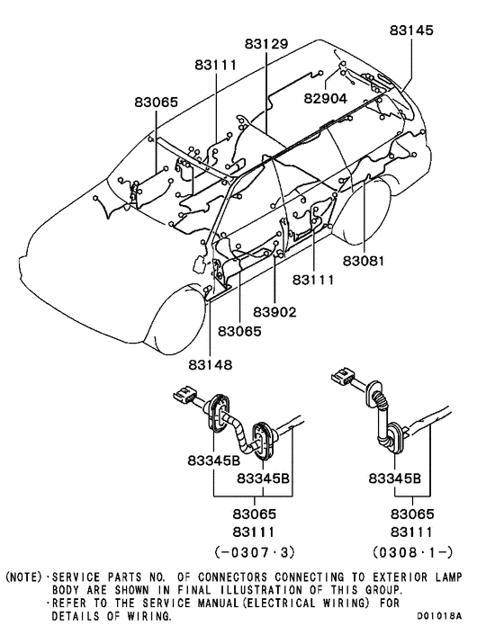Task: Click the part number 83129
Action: point(266,44)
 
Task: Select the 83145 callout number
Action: point(411,30)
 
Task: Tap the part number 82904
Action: point(325,98)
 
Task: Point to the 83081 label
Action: point(363,261)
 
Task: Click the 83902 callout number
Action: point(274,312)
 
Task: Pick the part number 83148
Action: point(211,365)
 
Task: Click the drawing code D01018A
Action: point(439,616)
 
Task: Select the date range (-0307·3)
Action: point(254,551)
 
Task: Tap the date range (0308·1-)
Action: point(412,551)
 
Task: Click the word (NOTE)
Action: point(23,577)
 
